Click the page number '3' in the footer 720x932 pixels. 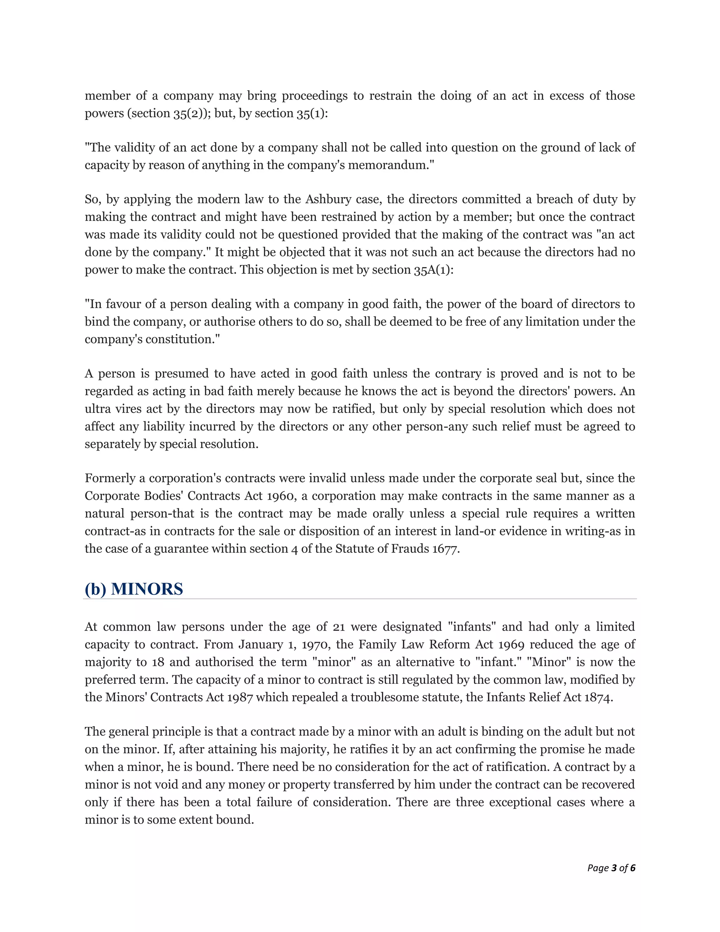tap(614, 868)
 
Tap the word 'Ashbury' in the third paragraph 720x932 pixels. tap(326, 199)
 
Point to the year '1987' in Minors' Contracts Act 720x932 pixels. tap(240, 697)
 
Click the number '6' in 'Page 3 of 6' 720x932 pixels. tap(632, 868)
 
